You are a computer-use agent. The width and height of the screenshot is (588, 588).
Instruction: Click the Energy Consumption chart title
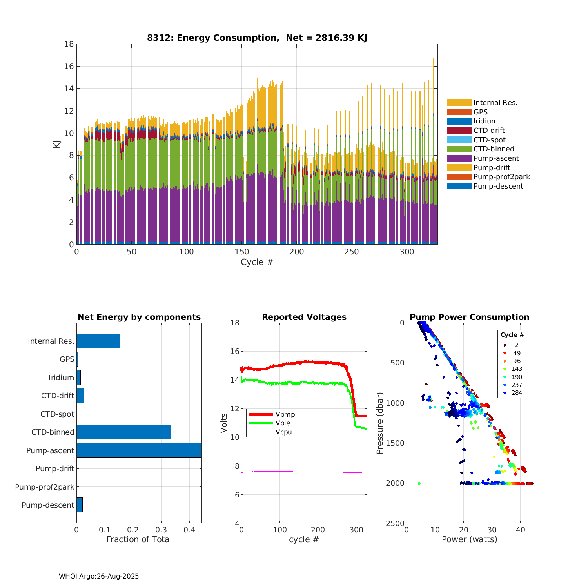(x=257, y=38)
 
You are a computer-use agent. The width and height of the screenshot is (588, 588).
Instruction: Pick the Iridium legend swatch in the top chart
(x=459, y=121)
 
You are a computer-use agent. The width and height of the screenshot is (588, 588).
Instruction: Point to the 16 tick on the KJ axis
(x=69, y=66)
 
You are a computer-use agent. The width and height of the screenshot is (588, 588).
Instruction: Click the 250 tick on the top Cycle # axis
(x=352, y=252)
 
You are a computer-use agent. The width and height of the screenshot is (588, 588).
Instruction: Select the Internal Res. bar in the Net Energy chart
(x=98, y=341)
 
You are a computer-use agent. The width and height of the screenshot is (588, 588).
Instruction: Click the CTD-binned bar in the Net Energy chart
(x=123, y=432)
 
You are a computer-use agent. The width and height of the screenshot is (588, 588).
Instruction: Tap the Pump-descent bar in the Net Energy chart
(x=80, y=505)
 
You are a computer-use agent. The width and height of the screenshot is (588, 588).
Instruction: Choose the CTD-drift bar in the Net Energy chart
(x=80, y=396)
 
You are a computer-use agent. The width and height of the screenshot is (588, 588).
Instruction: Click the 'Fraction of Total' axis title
(x=139, y=539)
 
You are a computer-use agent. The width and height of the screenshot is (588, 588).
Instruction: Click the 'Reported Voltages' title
(x=304, y=317)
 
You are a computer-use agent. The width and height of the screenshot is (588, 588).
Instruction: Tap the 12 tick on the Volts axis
(x=235, y=408)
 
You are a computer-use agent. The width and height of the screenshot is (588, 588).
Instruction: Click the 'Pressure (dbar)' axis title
(x=379, y=423)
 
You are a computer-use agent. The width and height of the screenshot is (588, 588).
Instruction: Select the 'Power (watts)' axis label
(x=469, y=539)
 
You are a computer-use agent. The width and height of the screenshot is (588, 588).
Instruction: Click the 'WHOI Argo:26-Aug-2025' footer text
(x=99, y=576)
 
